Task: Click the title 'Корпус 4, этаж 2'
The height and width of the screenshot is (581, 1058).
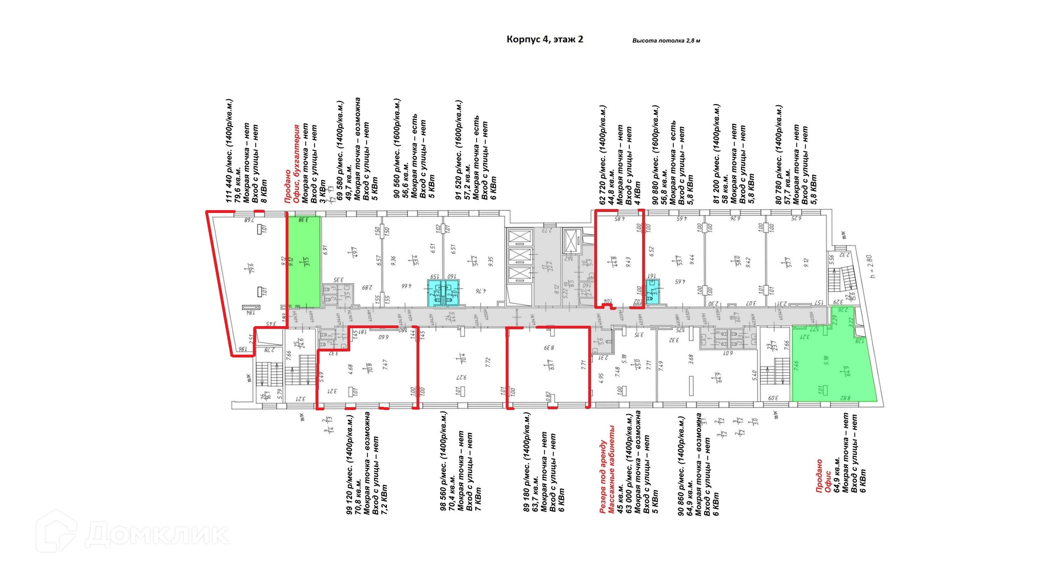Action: click(x=544, y=39)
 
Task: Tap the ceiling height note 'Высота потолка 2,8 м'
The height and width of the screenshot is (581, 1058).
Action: click(x=666, y=41)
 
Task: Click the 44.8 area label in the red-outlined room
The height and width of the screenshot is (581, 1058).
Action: click(x=614, y=261)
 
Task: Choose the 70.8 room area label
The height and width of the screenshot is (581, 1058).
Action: click(x=369, y=367)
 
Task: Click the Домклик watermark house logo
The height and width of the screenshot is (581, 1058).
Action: click(x=56, y=531)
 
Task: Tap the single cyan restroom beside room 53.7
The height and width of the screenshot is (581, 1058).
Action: click(x=654, y=295)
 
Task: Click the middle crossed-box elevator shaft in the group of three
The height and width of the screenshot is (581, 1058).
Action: click(x=519, y=256)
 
